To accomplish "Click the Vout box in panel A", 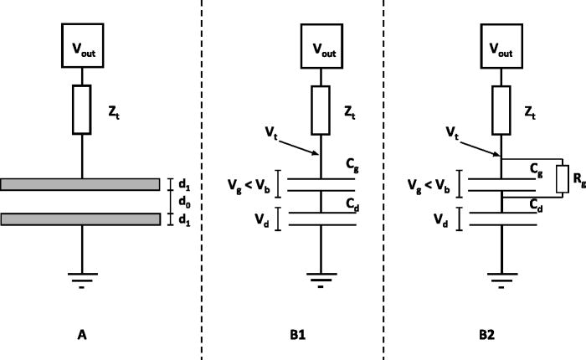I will [x=82, y=41].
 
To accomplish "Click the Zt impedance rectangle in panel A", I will [x=82, y=108].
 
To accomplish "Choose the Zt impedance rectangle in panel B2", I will [x=501, y=108].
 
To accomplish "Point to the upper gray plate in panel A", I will [x=80, y=184].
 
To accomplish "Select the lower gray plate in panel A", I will [x=80, y=219].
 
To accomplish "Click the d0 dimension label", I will [x=177, y=202].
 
